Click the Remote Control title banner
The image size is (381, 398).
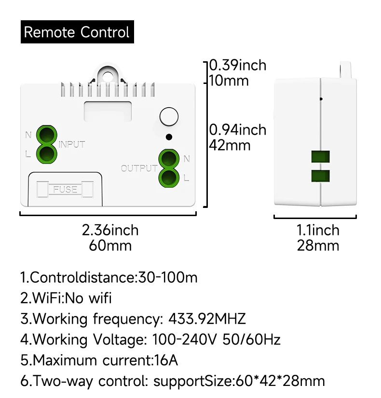click(77, 32)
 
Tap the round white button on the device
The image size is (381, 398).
click(169, 117)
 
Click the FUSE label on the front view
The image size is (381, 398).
click(66, 189)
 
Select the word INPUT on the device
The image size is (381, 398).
click(72, 144)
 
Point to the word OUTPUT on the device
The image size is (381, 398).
click(139, 168)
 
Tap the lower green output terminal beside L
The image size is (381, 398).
click(168, 177)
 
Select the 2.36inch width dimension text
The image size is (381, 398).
click(110, 230)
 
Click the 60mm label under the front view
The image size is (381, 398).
click(110, 246)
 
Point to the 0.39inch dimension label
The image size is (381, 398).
click(238, 65)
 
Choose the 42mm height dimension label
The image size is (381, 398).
click(230, 145)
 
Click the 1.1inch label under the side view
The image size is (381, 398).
click(318, 230)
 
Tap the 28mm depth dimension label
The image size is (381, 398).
click(318, 246)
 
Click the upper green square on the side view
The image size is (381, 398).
click(320, 156)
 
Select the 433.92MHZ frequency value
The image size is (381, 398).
click(207, 319)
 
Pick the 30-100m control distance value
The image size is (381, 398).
click(168, 277)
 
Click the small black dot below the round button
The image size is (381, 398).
click(168, 137)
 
